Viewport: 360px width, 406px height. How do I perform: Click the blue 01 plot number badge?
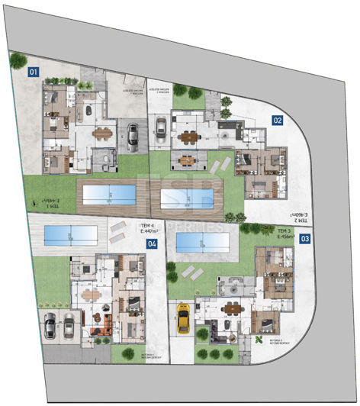pyautogui.click(x=33, y=72)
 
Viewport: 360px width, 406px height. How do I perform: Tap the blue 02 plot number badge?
pyautogui.click(x=278, y=120)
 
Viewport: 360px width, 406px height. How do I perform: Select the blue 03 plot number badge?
pyautogui.click(x=305, y=239)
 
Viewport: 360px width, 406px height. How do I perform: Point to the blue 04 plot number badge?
pyautogui.click(x=153, y=244)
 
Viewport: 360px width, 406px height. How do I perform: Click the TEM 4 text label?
pyautogui.click(x=148, y=227)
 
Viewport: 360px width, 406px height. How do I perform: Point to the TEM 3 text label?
pyautogui.click(x=284, y=230)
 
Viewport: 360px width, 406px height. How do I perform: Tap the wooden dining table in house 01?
pyautogui.click(x=101, y=131)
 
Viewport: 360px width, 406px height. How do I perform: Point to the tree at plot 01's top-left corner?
pyautogui.click(x=17, y=60)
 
